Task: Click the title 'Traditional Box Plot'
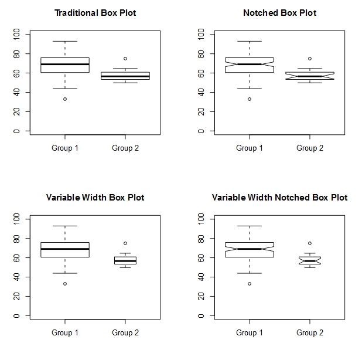95,13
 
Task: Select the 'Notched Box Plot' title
279,13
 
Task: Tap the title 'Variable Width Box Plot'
95,198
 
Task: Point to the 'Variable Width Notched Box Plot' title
279,198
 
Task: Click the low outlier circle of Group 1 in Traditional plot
65,99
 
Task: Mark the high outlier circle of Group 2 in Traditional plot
125,59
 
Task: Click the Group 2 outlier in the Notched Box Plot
310,59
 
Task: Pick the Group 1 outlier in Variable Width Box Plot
65,284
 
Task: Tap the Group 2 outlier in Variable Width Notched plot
310,243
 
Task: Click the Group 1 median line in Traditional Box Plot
65,64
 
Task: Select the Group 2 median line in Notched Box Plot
310,76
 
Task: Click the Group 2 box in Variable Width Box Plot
125,260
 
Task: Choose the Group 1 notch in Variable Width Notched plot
250,249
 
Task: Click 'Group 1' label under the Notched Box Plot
250,148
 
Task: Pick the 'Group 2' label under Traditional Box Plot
125,148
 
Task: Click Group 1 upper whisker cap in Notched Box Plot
250,41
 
